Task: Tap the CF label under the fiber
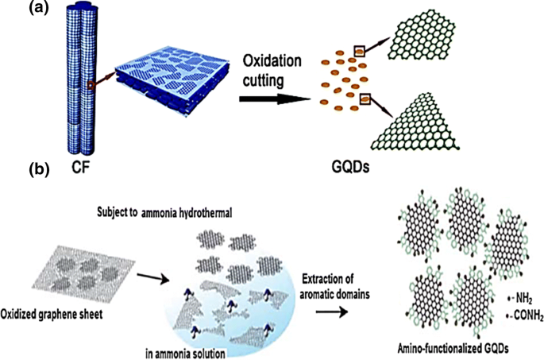click(79, 169)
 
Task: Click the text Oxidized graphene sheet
click(59, 311)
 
